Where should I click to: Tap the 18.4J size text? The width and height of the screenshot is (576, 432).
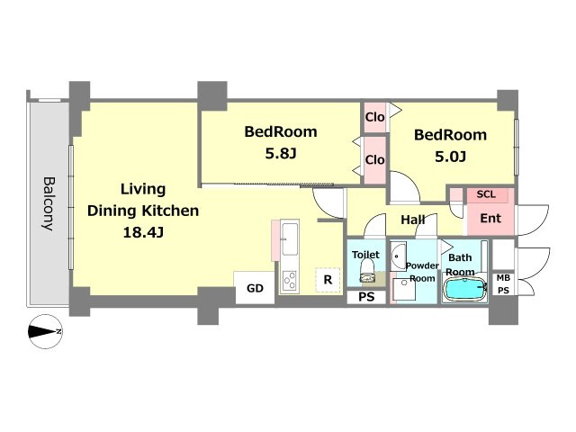(143, 232)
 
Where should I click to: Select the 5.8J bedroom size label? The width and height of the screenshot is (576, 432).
(281, 154)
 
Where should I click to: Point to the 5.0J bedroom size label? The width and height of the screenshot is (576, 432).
(450, 157)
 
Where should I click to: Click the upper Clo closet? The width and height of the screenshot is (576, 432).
(374, 117)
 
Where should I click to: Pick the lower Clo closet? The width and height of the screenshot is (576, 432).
(374, 160)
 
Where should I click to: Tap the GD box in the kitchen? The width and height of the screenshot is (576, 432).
(255, 288)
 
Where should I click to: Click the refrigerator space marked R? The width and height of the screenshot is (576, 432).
(328, 280)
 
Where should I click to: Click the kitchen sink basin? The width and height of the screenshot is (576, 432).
(290, 238)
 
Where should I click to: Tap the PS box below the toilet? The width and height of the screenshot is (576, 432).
(366, 297)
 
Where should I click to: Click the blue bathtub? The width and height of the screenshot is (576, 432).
(464, 290)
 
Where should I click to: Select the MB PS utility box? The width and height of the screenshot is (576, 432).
(503, 284)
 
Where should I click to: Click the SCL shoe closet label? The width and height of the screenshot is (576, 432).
(486, 194)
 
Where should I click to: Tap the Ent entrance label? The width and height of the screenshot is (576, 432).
(490, 218)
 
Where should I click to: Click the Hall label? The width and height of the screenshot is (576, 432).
(413, 220)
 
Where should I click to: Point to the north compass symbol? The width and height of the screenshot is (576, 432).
(46, 332)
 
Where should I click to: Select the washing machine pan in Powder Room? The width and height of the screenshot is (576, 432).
(404, 290)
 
